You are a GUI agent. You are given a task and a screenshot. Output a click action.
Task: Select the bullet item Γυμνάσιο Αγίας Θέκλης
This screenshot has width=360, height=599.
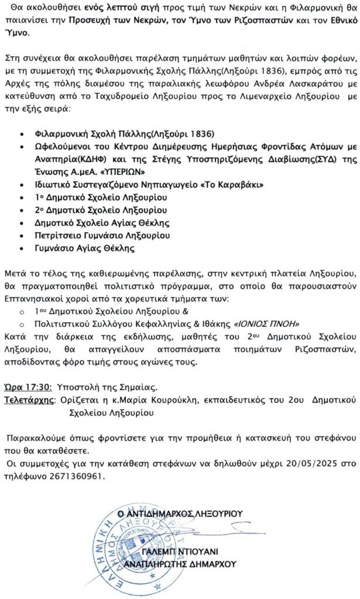point(85,248)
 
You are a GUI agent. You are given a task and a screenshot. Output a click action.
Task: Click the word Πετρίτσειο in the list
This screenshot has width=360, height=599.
point(57,236)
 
